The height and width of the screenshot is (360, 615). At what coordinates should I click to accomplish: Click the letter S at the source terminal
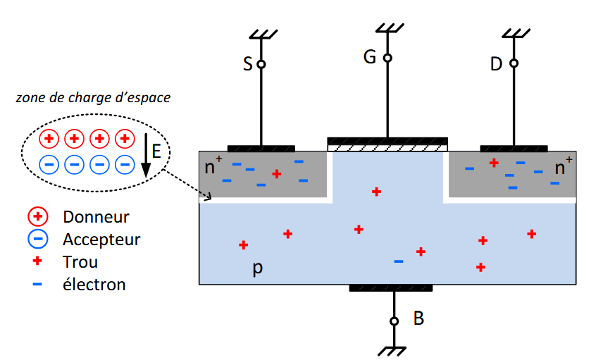tap(247, 64)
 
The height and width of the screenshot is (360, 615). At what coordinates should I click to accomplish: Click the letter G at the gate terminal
tap(370, 58)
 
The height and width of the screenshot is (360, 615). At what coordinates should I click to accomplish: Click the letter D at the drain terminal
tap(497, 64)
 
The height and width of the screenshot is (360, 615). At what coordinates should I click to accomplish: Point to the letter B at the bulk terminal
tap(418, 318)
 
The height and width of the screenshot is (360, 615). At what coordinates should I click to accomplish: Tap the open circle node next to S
tap(261, 64)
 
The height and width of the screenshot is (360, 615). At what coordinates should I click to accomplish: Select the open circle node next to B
tap(395, 321)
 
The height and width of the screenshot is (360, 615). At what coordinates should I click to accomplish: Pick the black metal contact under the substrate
tap(390, 288)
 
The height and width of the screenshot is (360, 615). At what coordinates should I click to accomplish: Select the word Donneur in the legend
tap(96, 217)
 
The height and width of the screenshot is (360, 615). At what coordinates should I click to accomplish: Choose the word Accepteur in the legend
tap(101, 240)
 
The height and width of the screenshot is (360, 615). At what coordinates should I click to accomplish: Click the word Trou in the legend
tap(80, 262)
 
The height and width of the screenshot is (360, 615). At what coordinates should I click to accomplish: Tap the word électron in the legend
tap(94, 285)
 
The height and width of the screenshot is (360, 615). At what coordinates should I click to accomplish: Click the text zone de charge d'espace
tap(93, 98)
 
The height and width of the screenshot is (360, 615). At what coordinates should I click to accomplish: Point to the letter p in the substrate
tap(257, 269)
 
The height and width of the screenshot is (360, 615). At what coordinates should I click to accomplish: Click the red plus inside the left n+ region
tap(277, 173)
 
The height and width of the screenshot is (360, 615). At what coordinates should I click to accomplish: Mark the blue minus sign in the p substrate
tap(398, 261)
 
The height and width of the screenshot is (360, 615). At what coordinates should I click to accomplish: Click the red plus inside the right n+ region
tap(494, 163)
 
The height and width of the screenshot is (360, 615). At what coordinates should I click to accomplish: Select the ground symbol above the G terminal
tap(387, 28)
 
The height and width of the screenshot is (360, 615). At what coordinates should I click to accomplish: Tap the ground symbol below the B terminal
tap(395, 350)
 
